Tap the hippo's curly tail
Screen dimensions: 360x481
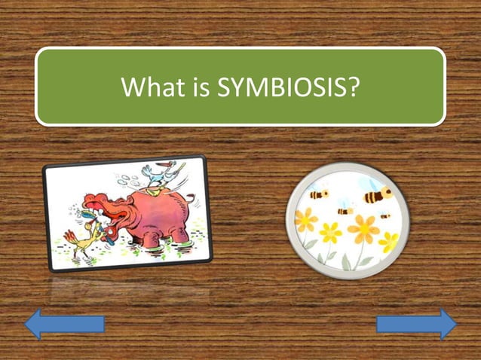189,197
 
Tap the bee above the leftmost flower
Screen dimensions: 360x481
318,194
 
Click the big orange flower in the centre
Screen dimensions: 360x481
362,228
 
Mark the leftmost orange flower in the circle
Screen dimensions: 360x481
305,220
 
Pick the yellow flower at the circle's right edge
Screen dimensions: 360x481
389,242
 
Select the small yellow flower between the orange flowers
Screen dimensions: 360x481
330,233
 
